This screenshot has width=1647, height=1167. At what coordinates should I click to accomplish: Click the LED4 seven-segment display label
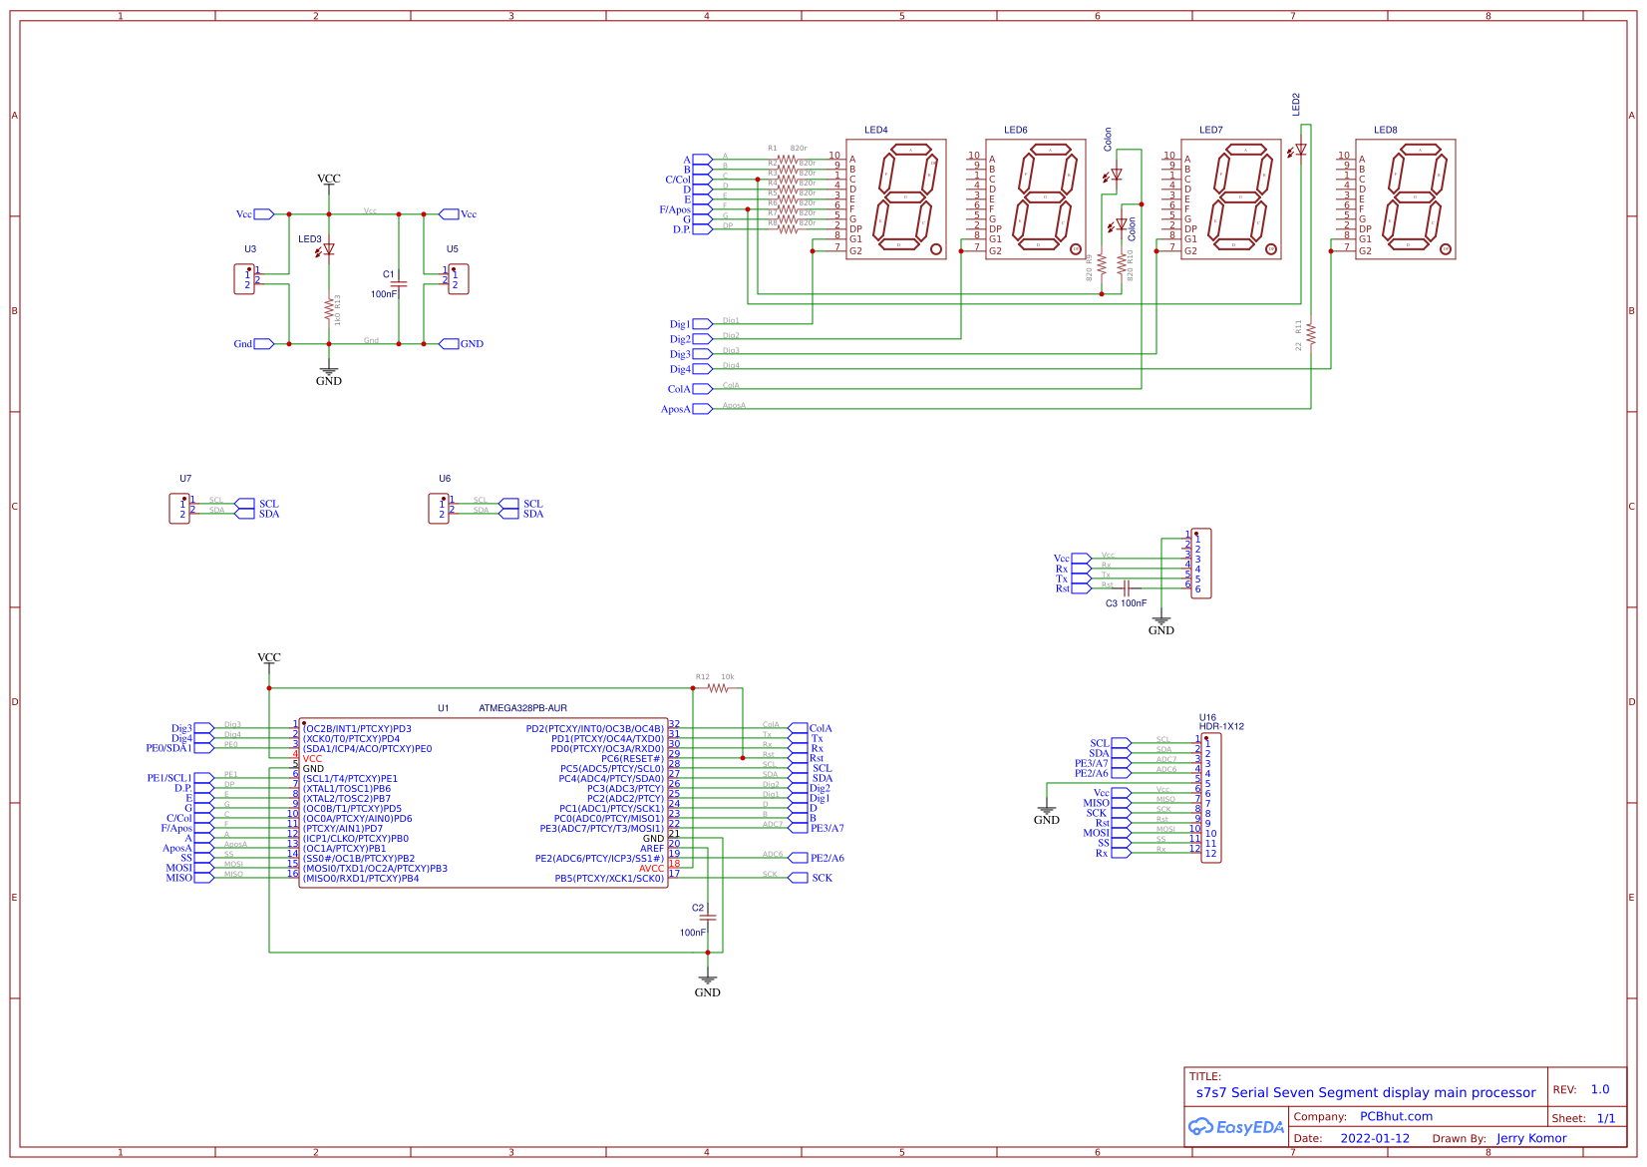tap(875, 130)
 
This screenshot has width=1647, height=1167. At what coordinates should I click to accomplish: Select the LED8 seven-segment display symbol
tap(1405, 199)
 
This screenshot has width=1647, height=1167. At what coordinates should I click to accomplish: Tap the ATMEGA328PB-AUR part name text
tap(522, 708)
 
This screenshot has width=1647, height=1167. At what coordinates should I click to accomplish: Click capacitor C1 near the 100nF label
tap(399, 283)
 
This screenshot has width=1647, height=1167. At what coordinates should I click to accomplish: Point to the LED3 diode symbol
tap(328, 249)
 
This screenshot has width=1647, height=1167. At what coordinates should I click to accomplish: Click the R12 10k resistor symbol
tap(719, 688)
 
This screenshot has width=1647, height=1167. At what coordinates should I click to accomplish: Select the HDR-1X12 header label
tap(1221, 726)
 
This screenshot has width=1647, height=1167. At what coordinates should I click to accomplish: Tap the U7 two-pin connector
tap(179, 509)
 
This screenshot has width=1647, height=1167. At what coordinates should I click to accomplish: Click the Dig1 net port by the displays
tap(701, 324)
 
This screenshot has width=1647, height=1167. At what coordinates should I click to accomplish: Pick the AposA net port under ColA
tap(702, 409)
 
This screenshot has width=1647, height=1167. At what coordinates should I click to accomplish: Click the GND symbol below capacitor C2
tap(707, 982)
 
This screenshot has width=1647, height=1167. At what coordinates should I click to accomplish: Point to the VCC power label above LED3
tap(328, 179)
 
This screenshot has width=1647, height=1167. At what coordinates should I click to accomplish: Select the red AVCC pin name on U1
tap(651, 869)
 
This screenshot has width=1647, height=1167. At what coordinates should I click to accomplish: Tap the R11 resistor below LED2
tap(1311, 333)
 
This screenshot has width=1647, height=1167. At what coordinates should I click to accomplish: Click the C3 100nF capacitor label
tap(1126, 603)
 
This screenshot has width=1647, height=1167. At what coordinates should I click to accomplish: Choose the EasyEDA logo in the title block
tap(1235, 1127)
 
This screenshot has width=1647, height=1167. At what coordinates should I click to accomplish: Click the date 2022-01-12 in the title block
tap(1374, 1138)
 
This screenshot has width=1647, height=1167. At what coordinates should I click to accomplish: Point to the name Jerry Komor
tap(1530, 1138)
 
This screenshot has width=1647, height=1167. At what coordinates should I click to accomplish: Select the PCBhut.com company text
tap(1396, 1116)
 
